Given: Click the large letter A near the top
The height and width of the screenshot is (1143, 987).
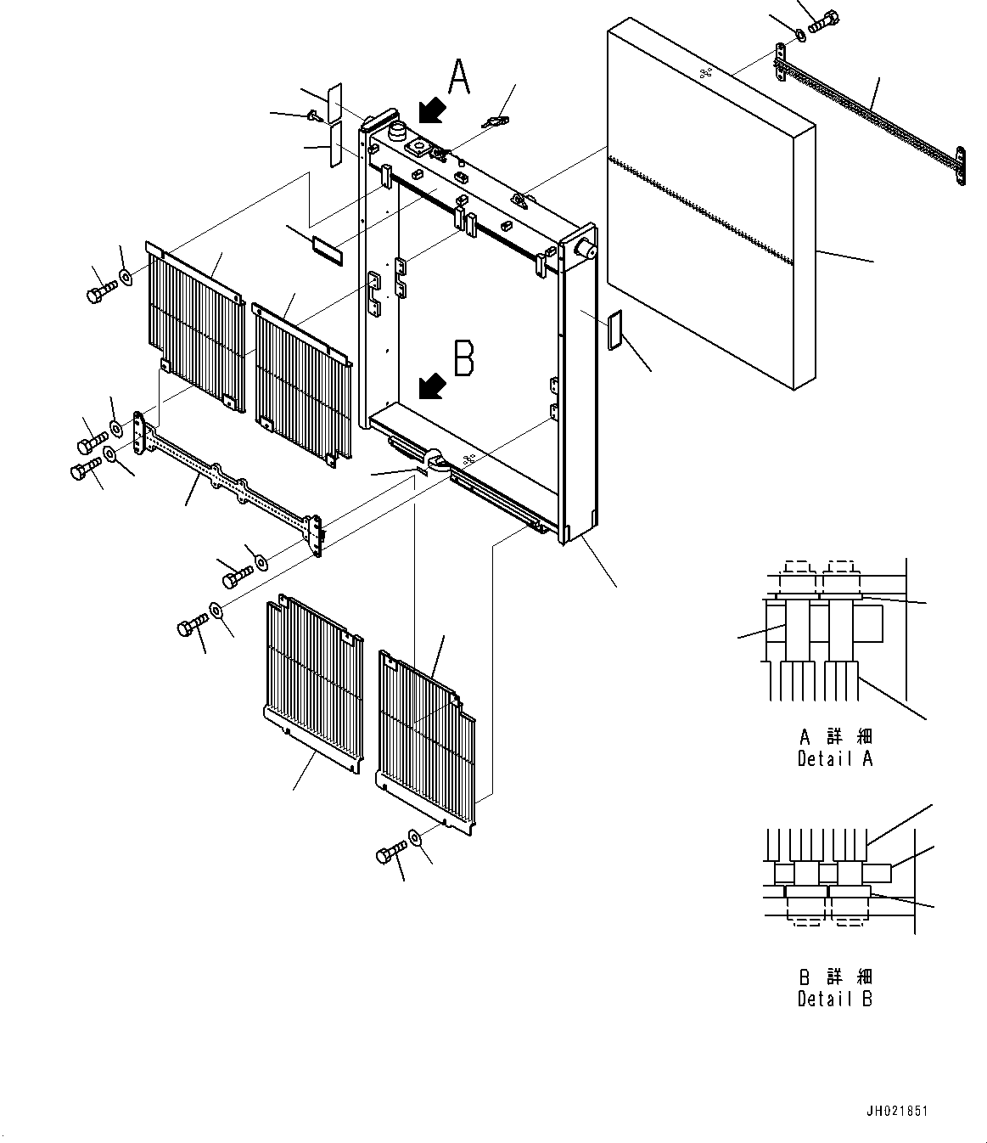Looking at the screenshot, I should tap(458, 77).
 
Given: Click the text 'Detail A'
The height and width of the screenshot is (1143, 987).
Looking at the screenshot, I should tap(834, 758).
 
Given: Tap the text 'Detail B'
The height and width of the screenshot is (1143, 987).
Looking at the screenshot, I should tap(834, 999).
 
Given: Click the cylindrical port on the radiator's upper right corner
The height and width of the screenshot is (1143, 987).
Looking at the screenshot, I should tap(584, 247).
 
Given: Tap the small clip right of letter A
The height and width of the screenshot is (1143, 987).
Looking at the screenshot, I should tap(494, 121).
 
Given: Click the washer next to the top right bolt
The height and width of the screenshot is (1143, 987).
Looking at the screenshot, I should tap(801, 35).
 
